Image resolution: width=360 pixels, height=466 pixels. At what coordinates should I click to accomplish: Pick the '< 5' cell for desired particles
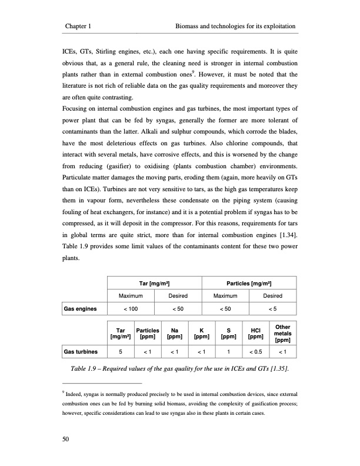click(x=272, y=308)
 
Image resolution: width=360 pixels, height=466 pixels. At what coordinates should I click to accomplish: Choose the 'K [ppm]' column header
click(x=201, y=334)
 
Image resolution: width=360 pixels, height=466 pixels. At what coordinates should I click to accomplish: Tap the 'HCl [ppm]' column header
click(x=255, y=334)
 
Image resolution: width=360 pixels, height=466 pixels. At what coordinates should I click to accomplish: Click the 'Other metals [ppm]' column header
click(x=282, y=334)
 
